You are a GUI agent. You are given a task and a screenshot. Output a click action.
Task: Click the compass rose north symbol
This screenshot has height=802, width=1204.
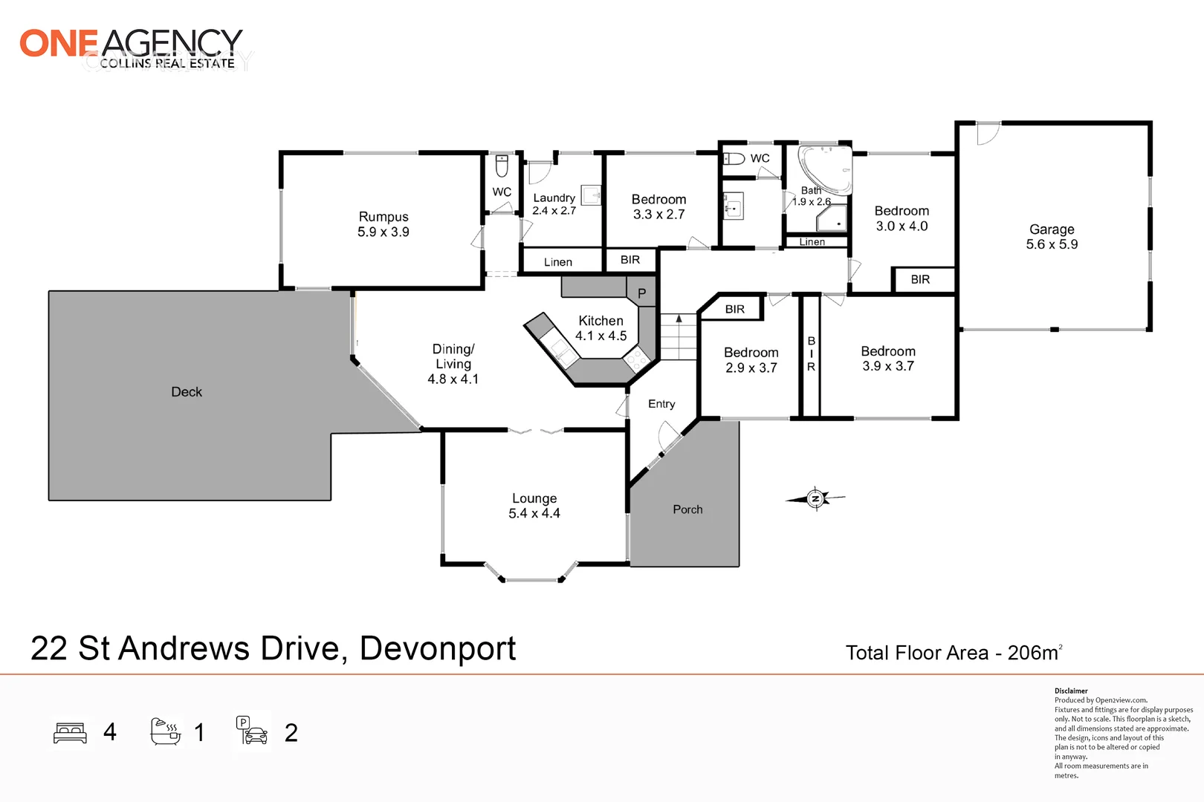[x=815, y=498]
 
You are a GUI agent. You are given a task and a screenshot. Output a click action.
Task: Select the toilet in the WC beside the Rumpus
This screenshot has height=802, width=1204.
[x=502, y=166]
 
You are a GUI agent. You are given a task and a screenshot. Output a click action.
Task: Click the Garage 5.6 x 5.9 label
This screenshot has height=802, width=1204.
[x=1052, y=237]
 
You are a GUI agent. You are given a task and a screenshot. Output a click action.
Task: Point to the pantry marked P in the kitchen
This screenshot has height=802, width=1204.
[x=641, y=293]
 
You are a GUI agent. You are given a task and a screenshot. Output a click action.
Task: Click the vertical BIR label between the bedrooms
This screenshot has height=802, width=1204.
[x=811, y=354]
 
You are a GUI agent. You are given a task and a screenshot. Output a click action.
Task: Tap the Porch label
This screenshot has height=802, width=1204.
[x=687, y=509]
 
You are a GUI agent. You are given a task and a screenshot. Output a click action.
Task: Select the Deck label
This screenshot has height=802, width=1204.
[x=187, y=392]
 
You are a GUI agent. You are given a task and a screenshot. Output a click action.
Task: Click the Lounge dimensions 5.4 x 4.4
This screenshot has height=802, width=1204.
[x=534, y=514]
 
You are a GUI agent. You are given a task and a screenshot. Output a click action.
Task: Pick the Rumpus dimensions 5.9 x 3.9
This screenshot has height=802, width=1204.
[x=383, y=232]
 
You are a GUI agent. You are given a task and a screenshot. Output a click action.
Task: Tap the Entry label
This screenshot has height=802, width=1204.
[x=661, y=404]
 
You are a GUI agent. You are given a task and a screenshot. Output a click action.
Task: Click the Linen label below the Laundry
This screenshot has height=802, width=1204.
[x=558, y=262]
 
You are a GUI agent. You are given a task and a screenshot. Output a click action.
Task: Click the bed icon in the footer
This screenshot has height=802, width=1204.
[x=71, y=733]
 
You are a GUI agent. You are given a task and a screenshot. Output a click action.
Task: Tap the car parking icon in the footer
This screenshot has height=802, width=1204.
[x=253, y=731]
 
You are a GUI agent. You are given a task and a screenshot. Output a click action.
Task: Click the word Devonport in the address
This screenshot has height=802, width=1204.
[x=438, y=649]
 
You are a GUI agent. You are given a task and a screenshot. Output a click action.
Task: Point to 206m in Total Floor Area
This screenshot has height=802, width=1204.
[x=1032, y=653]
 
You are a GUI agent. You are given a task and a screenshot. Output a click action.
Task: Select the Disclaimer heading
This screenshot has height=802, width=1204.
[x=1071, y=691]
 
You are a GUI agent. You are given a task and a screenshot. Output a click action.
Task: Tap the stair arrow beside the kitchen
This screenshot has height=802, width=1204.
[x=679, y=319]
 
